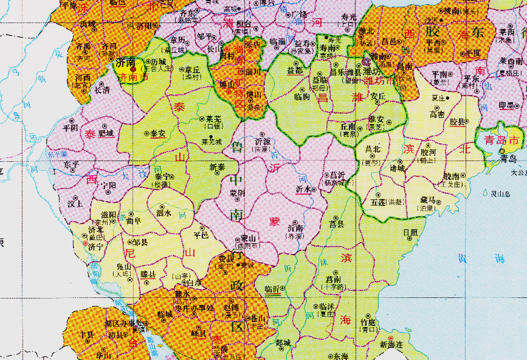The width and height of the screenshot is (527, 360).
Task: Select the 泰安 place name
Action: point(157,133)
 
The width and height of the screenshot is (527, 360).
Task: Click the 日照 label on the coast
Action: point(411,232)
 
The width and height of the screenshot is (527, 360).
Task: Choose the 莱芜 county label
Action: point(214,119)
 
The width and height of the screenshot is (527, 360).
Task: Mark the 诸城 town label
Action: point(396,168)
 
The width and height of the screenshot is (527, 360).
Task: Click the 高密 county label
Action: point(437,114)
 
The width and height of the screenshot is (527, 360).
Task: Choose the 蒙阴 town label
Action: point(238,192)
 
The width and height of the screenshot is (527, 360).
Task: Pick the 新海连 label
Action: point(391,344)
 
